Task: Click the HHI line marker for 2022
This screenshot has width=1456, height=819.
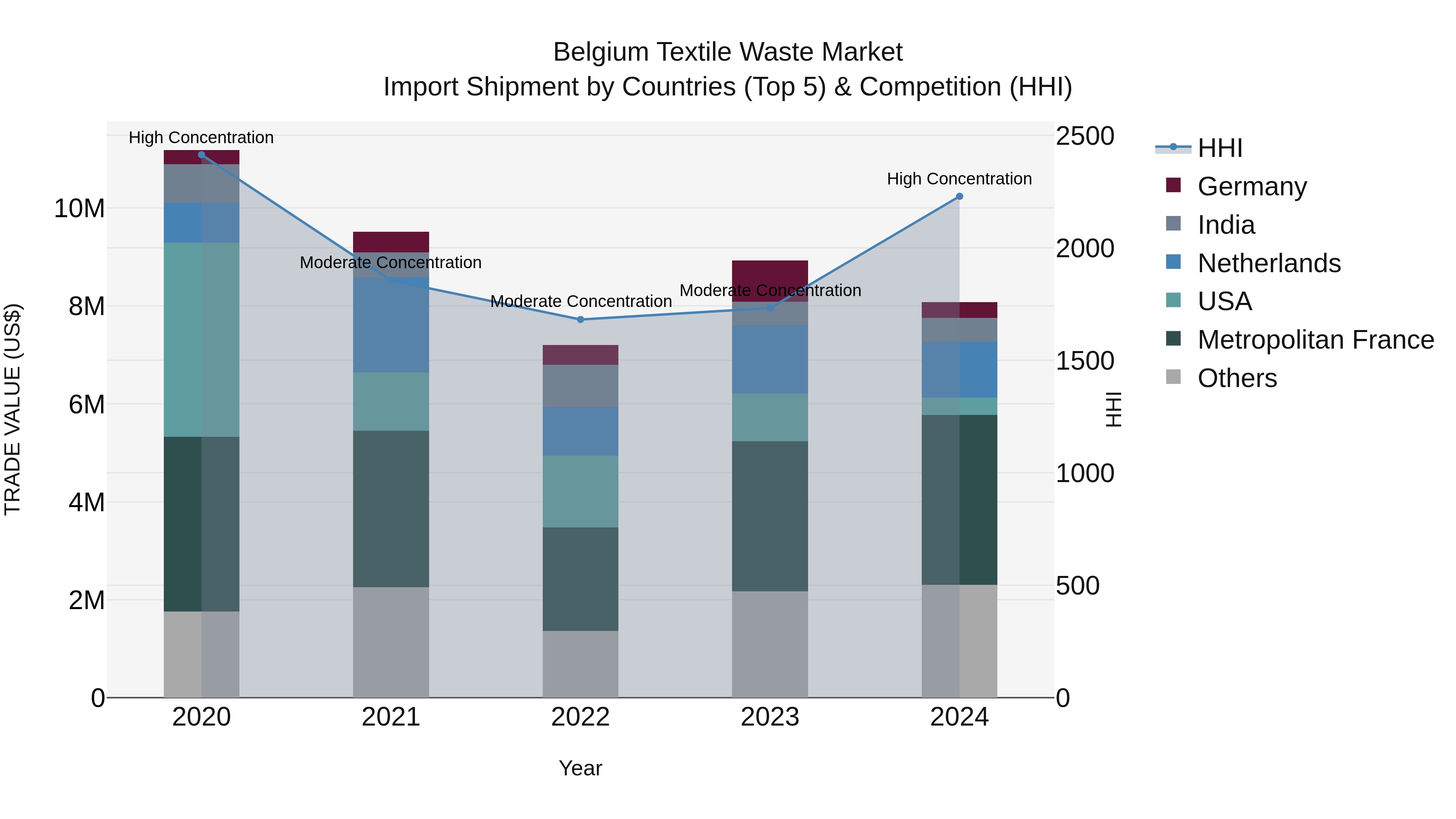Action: coord(580,320)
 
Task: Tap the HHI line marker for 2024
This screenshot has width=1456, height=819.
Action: coord(959,196)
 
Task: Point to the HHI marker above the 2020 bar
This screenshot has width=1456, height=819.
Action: coord(201,154)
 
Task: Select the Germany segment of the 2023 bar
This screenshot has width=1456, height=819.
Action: coord(770,281)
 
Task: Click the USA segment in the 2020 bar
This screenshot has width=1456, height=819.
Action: coord(201,339)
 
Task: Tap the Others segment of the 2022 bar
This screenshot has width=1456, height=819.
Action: coord(580,664)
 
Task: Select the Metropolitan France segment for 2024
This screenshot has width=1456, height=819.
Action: coord(959,499)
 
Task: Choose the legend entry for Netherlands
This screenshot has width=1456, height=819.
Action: coord(1268,263)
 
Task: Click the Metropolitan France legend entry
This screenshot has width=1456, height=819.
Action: coord(1315,340)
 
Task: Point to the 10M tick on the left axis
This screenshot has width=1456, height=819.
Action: coord(79,209)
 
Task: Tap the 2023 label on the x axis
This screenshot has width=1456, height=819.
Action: coord(770,717)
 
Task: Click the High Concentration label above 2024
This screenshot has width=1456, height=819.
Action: coord(959,179)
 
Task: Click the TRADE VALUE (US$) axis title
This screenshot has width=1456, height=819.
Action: coord(13,409)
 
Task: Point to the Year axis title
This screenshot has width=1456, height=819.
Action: coord(580,768)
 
